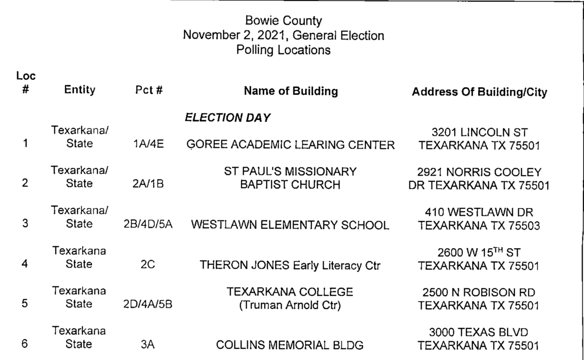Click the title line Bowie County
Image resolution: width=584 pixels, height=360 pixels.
click(x=283, y=21)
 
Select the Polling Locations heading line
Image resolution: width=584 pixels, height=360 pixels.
click(x=283, y=50)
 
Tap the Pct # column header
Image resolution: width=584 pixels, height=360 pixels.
click(x=149, y=91)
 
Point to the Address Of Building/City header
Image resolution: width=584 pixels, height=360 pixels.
click(x=479, y=92)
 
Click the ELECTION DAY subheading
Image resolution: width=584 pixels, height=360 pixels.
click(x=228, y=118)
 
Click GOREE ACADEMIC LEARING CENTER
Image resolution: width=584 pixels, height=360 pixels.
click(x=291, y=145)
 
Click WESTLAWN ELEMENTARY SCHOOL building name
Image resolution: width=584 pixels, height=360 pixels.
click(x=291, y=225)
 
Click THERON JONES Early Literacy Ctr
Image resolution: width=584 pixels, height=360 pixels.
click(x=291, y=265)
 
